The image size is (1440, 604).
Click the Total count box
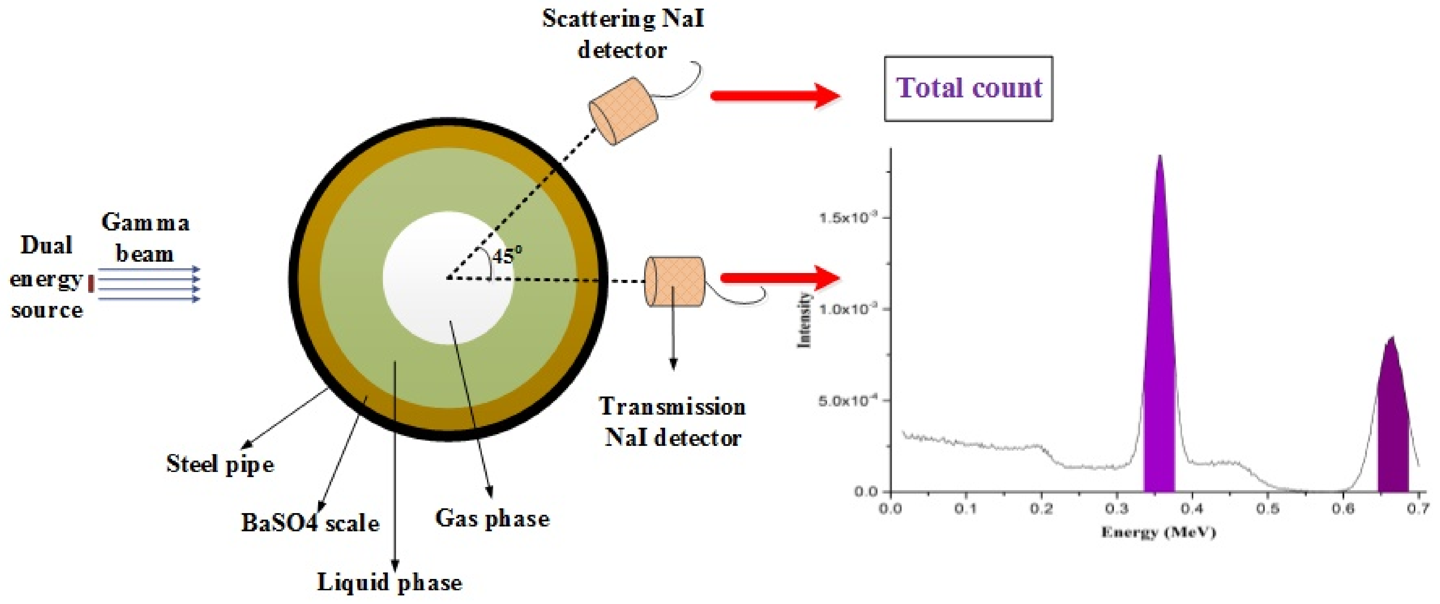968,88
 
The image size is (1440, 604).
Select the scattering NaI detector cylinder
623,111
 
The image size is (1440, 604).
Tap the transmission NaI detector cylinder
675,282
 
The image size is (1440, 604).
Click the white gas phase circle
447,278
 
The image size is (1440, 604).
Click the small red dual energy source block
91,283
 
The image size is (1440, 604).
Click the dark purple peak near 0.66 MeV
1392,425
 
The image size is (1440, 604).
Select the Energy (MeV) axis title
1158,532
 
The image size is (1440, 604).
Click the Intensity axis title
804,320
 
